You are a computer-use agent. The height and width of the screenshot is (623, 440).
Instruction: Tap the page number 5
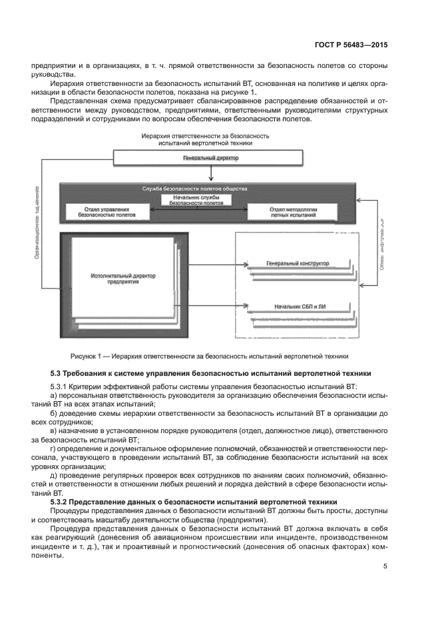point(385,566)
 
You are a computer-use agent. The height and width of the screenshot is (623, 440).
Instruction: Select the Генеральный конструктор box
point(297,264)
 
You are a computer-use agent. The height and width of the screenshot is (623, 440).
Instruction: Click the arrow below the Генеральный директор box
point(210,174)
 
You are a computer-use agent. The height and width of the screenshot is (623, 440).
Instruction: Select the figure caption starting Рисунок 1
point(209,355)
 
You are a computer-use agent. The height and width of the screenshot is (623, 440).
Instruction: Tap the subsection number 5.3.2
point(61,501)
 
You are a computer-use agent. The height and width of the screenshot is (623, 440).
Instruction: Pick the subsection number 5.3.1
point(61,386)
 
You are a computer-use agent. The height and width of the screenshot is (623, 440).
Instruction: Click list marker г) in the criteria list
point(54,450)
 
